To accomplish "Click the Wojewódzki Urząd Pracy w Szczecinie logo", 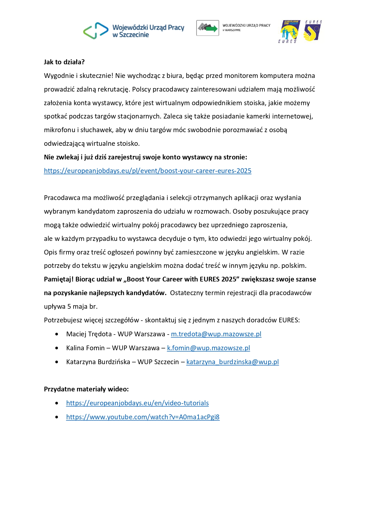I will point(134,31).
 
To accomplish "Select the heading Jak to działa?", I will point(64,62).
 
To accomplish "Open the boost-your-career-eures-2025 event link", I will point(147,171).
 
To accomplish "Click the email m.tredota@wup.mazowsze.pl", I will point(216,334).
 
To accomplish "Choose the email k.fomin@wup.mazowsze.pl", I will point(208,348).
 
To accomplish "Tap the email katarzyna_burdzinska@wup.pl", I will point(232,362).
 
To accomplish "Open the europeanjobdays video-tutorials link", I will point(137,403).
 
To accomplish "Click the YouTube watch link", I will point(143,417).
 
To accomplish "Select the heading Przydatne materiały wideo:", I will point(86,389).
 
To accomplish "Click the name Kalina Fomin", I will point(85,348).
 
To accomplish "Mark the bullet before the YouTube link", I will point(57,417).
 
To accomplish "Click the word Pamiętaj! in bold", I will point(58,279).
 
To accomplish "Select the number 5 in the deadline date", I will point(69,307).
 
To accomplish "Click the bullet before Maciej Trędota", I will point(57,334).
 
